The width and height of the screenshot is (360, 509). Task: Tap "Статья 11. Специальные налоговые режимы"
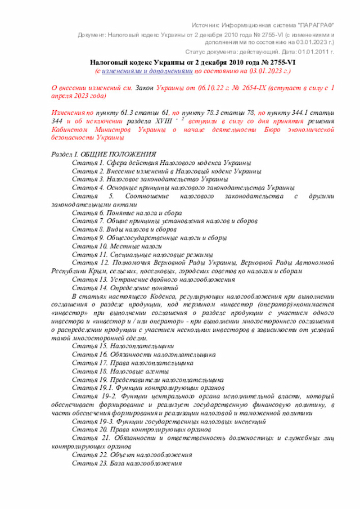(142, 254)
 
